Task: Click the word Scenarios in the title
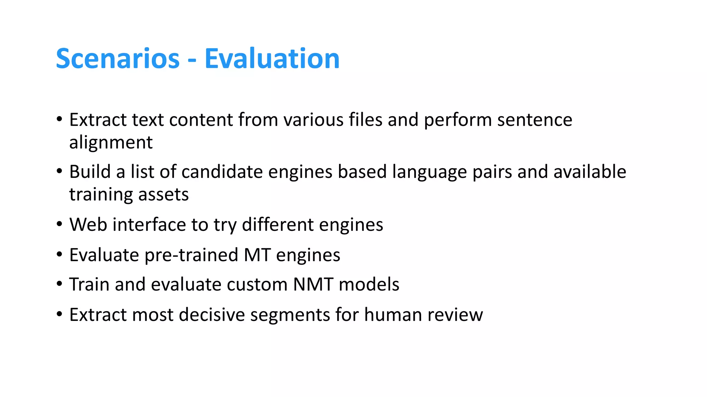pos(118,59)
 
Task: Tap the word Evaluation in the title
pos(272,59)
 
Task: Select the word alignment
pos(111,143)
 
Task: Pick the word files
pos(365,120)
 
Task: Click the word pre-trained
pos(191,255)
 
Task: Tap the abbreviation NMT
pos(313,285)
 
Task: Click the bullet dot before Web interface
pos(60,224)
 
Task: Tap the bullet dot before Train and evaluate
pos(60,284)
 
